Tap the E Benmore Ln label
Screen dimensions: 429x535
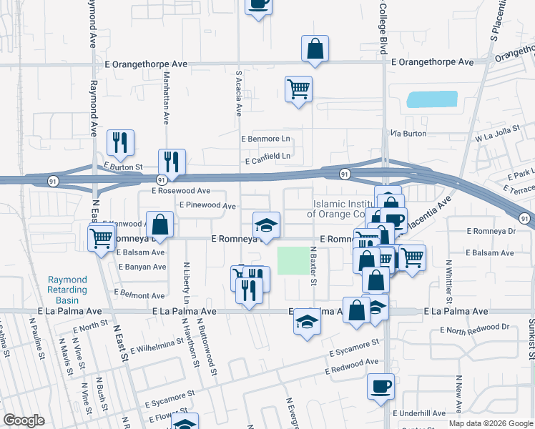[267, 138]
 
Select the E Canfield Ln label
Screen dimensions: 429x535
[268, 156]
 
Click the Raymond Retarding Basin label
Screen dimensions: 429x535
[67, 285]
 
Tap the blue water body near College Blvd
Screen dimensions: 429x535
[432, 99]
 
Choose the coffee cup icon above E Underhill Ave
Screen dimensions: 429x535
[381, 385]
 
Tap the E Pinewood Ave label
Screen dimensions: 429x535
[207, 205]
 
